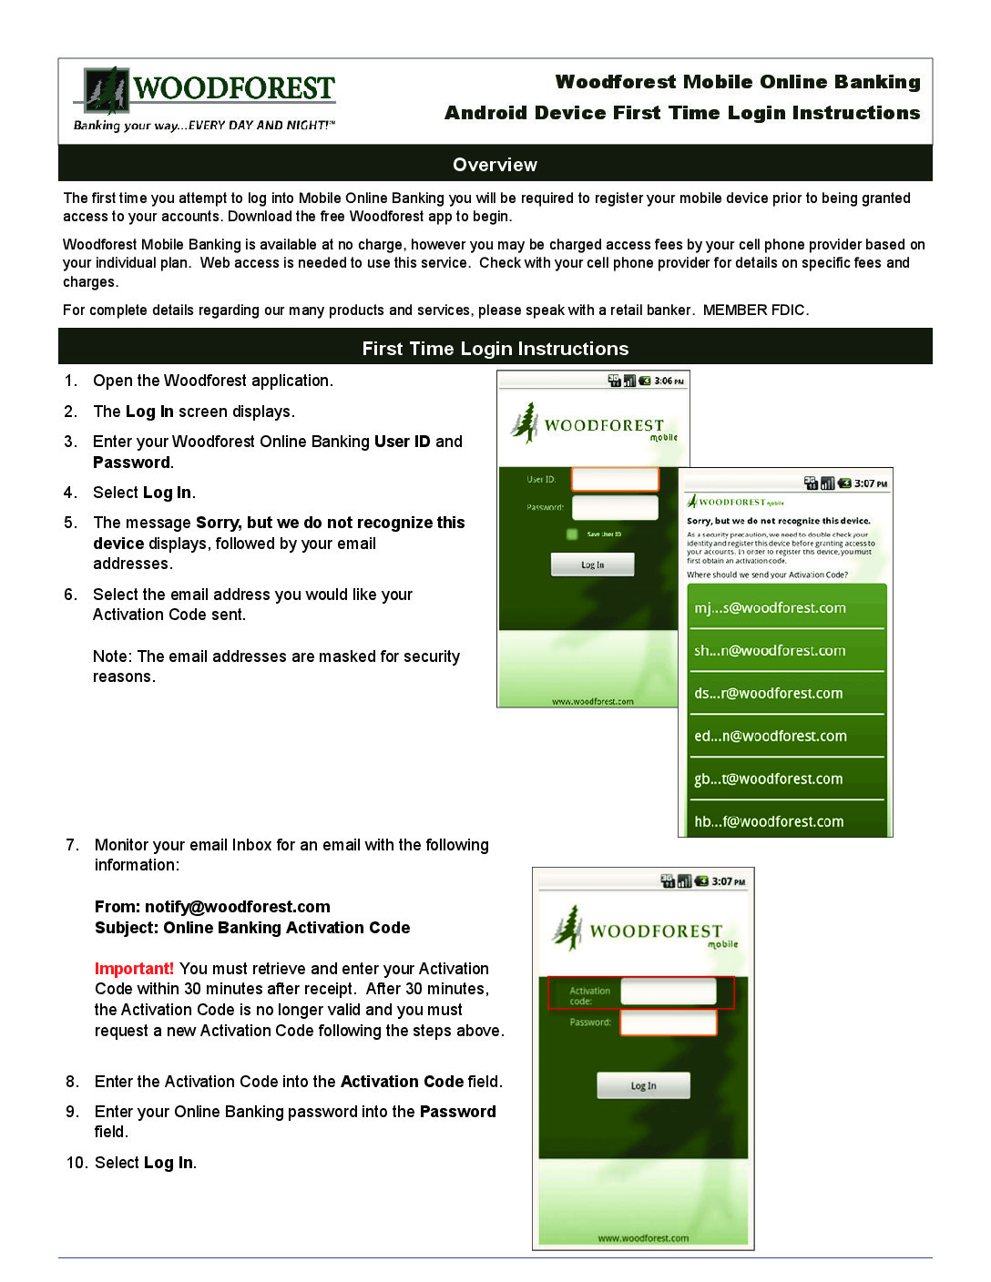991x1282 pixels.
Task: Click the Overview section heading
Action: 495,165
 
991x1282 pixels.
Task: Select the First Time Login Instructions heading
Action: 495,349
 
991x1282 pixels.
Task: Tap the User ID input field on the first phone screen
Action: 615,479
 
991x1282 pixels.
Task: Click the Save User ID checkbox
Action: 572,534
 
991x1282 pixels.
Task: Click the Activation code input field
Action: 669,992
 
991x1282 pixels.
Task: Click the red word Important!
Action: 134,969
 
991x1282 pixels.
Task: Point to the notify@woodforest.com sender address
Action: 237,907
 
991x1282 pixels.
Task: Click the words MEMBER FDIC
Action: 754,310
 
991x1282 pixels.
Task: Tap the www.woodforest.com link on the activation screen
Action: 643,1238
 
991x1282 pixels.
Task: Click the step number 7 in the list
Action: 72,845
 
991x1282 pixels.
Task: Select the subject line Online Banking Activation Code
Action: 286,928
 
